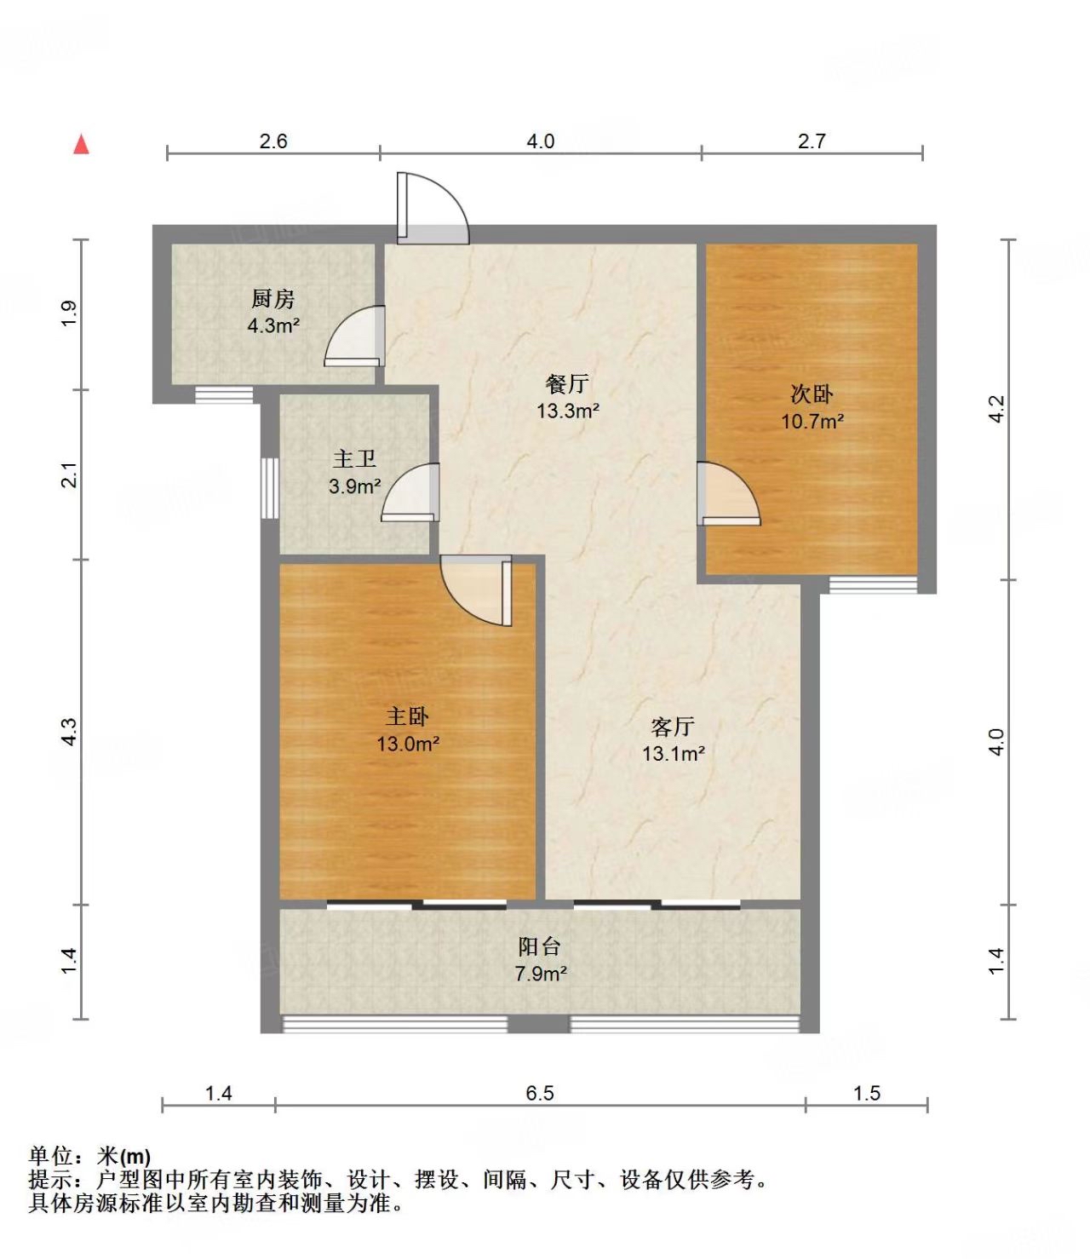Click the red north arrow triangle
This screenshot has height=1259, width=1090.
[81, 146]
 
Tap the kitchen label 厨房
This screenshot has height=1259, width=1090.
[272, 299]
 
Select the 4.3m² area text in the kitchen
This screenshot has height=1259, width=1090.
[272, 326]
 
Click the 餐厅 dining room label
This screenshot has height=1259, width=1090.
[567, 384]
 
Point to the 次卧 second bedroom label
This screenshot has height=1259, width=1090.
[812, 394]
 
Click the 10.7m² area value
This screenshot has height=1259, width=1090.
[812, 421]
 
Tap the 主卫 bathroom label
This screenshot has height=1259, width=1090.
[354, 458]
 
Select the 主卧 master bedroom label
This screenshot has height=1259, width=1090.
[407, 716]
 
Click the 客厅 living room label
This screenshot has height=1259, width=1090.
[673, 727]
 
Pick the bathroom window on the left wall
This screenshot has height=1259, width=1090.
[270, 488]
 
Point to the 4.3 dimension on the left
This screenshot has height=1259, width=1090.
[70, 732]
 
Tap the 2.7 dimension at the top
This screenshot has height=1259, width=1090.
[812, 141]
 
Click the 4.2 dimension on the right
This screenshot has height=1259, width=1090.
[995, 410]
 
